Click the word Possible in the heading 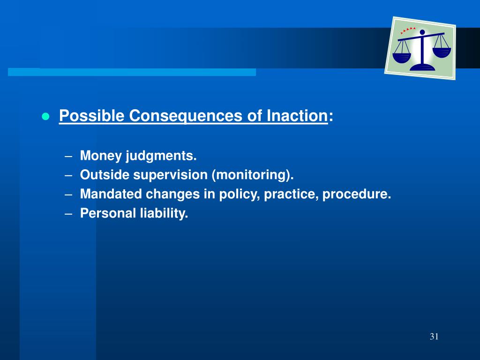coord(91,116)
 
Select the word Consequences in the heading coord(186,116)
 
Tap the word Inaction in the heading coord(297,116)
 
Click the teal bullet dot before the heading coord(45,116)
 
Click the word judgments coord(161,156)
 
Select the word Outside coord(105,175)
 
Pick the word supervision coord(170,175)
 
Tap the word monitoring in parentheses coord(251,175)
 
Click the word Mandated coord(111,194)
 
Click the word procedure coord(357,195)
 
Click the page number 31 coord(434,337)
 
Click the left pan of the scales coord(401,57)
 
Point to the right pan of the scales coord(442,52)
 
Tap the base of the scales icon coord(422,67)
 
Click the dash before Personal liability coord(68,214)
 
